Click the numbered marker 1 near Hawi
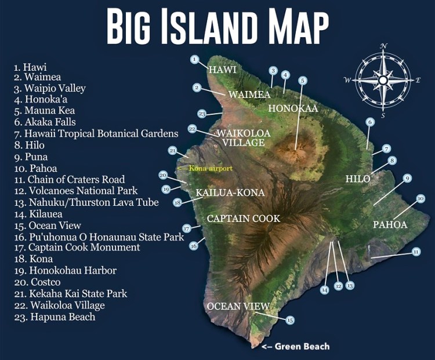click(195, 59)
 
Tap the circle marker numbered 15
click(290, 320)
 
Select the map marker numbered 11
click(416, 252)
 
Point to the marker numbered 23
click(202, 114)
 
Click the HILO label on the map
click(357, 179)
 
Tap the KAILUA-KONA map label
click(230, 192)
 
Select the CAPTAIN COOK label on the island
click(244, 219)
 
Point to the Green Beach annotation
click(296, 346)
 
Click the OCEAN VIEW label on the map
click(238, 306)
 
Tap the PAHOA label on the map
click(390, 224)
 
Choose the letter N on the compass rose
click(383, 46)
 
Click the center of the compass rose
click(383, 80)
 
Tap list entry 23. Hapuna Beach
click(55, 317)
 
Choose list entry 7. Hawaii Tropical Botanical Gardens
click(96, 134)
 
